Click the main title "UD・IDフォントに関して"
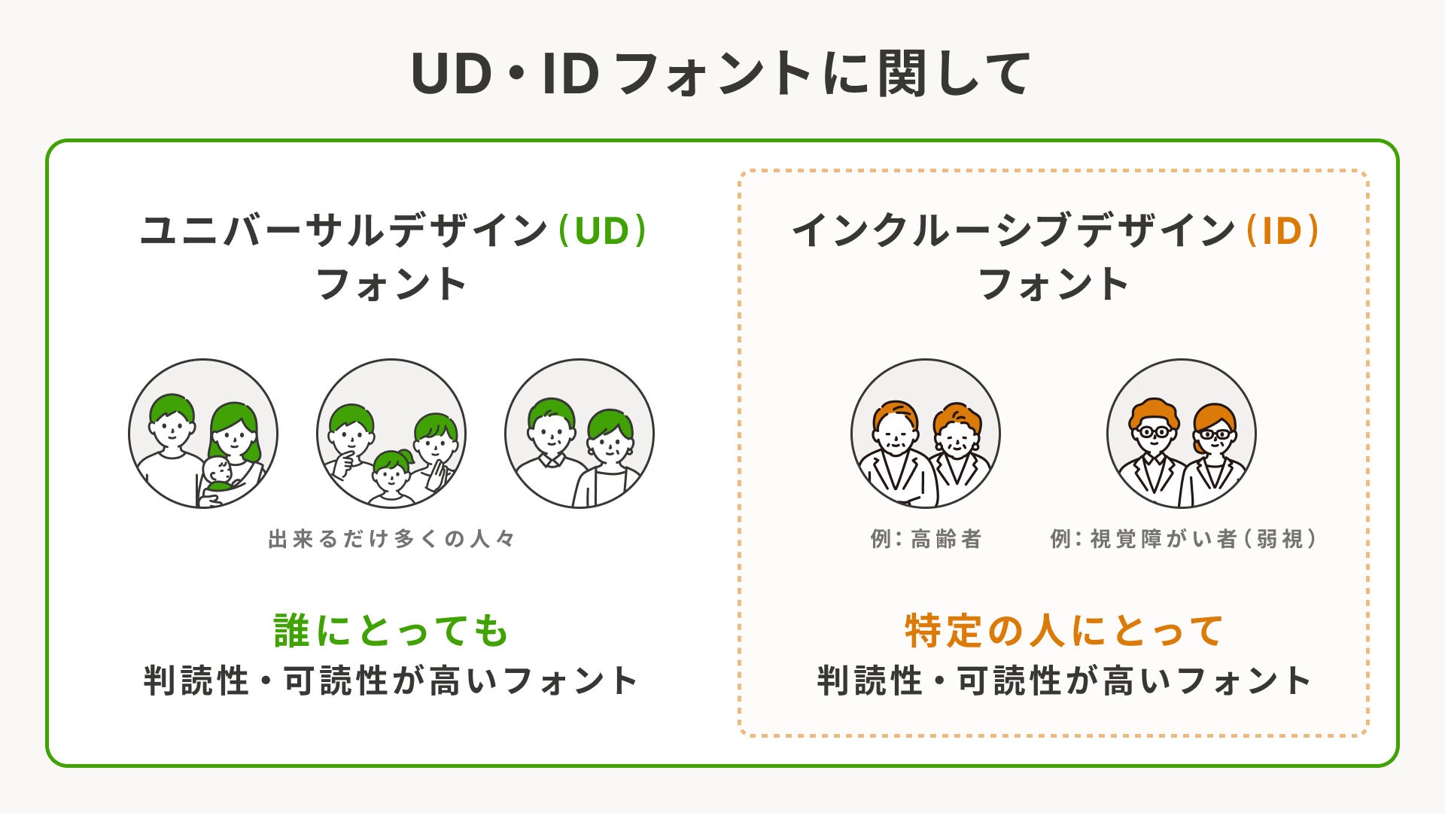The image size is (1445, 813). pyautogui.click(x=721, y=74)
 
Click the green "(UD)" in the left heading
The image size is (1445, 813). pyautogui.click(x=602, y=230)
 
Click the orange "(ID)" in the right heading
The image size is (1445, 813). pyautogui.click(x=1282, y=230)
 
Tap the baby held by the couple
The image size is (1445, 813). pyautogui.click(x=218, y=474)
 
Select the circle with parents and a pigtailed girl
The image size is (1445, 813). pyautogui.click(x=391, y=433)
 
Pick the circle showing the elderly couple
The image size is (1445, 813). pyautogui.click(x=926, y=433)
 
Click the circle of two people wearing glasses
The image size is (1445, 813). pyautogui.click(x=1182, y=433)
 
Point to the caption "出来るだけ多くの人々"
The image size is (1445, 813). pyautogui.click(x=391, y=539)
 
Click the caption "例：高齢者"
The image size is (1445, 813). pyautogui.click(x=926, y=539)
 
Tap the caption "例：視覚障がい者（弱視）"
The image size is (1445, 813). pyautogui.click(x=1183, y=539)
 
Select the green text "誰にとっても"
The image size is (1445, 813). pyautogui.click(x=391, y=631)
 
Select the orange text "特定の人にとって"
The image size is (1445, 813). pyautogui.click(x=1063, y=631)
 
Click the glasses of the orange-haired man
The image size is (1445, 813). pyautogui.click(x=1154, y=432)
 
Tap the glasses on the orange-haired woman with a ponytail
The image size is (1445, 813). pyautogui.click(x=1214, y=434)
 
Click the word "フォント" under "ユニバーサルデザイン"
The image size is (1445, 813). pyautogui.click(x=391, y=285)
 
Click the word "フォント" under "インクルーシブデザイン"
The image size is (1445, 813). pyautogui.click(x=1054, y=285)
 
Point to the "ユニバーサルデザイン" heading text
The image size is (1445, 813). pyautogui.click(x=343, y=230)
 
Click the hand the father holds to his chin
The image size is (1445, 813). pyautogui.click(x=345, y=461)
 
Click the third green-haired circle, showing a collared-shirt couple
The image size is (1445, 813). pyautogui.click(x=580, y=433)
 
